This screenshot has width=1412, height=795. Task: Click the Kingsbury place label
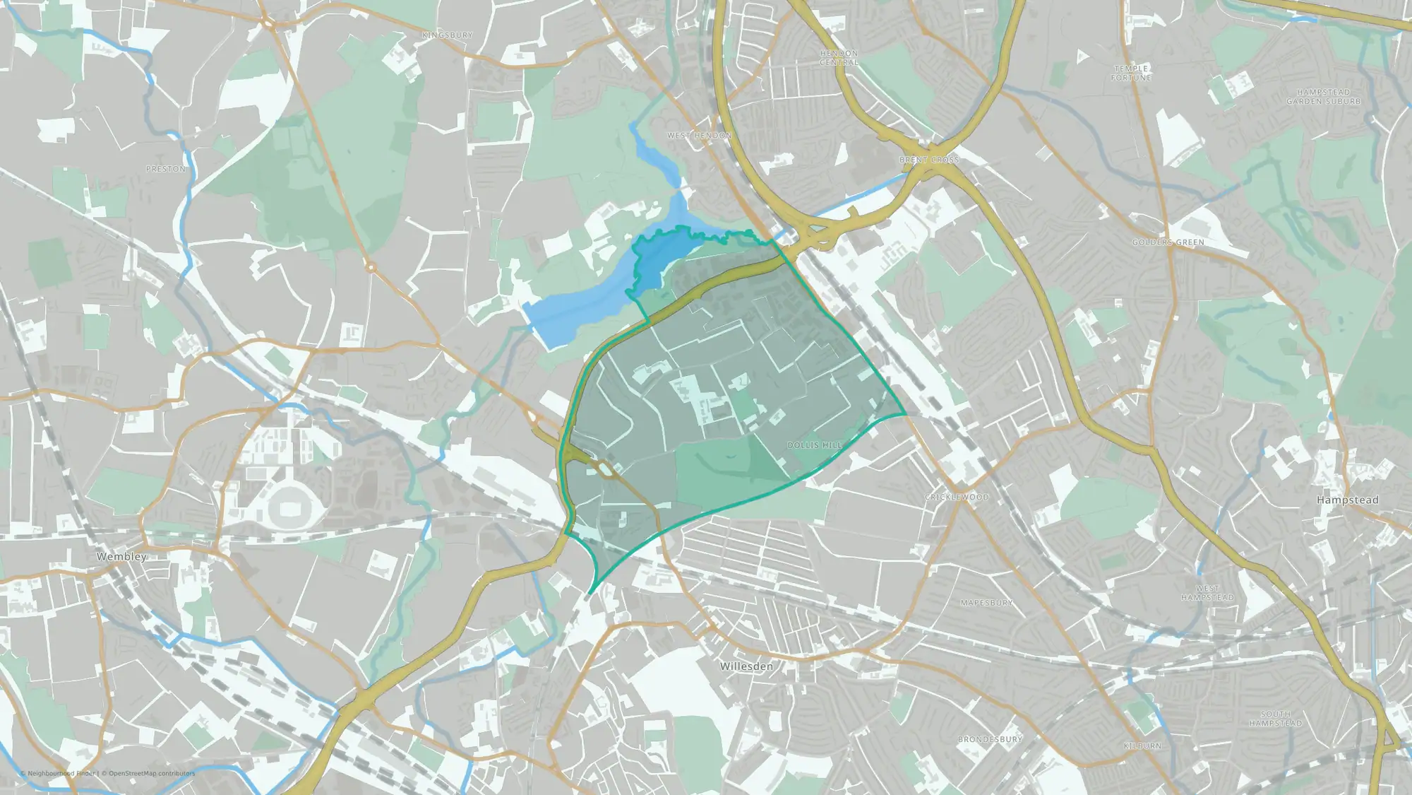447,35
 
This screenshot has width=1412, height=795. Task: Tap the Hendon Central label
839,58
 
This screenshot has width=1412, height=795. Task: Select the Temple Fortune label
1131,73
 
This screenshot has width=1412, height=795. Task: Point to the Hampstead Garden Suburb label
1323,97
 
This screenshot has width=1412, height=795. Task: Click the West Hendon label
700,135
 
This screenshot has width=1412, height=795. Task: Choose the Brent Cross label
929,160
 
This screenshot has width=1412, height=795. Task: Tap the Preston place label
166,170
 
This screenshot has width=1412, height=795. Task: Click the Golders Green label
1168,242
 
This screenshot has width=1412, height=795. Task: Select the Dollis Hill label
815,445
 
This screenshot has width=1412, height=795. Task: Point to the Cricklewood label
957,497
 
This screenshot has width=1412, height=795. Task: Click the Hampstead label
1347,500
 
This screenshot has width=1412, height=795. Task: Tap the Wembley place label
121,557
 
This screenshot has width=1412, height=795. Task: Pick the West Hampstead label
1207,593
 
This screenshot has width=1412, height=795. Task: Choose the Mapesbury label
986,603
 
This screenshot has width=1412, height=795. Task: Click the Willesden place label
746,666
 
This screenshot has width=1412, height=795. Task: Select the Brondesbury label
990,739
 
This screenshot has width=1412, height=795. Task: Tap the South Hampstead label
1275,719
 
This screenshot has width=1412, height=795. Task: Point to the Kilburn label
1142,746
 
